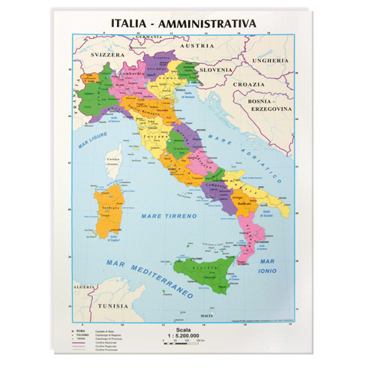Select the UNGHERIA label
[x=269, y=60]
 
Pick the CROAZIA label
[x=249, y=85]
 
